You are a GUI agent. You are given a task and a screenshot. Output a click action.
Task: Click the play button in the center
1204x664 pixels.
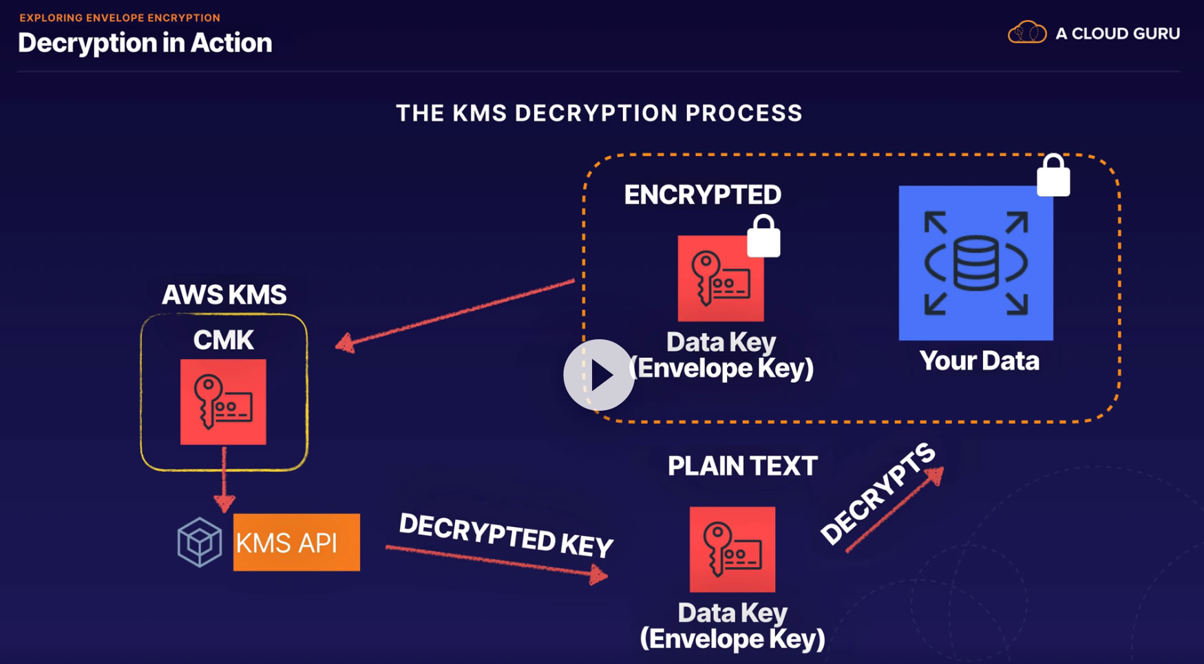pos(599,375)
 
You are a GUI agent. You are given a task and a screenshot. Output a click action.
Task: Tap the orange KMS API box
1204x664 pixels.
pos(297,542)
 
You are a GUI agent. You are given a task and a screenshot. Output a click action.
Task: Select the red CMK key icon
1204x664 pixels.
pos(223,402)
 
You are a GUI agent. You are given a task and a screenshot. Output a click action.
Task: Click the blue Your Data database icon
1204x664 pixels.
pos(976,263)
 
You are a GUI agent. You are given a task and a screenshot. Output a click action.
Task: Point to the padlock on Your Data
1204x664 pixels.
pos(1053,175)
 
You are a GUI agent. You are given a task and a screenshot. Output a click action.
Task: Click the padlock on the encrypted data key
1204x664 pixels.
pos(764,236)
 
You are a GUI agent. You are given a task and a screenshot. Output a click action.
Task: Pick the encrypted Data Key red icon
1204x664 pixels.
pos(721,279)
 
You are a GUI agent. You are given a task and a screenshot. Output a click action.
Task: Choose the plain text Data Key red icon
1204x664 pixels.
pos(732,549)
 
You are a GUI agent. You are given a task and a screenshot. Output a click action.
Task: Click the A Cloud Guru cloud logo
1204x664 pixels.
pos(1027,32)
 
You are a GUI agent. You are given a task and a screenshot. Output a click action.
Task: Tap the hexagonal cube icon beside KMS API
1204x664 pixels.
pos(200,542)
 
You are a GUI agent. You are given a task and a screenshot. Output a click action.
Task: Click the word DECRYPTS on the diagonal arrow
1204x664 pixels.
pos(878,493)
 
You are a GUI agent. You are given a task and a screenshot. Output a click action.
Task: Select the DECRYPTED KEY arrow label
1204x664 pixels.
pos(506,535)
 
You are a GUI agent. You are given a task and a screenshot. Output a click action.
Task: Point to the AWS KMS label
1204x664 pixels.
pos(224,294)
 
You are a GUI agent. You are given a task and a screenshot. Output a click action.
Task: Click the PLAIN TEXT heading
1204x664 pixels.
pos(742,466)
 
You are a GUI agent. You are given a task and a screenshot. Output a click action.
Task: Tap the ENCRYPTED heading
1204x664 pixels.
pos(703,195)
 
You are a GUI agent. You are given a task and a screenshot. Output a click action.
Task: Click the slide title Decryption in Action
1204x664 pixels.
pos(145,43)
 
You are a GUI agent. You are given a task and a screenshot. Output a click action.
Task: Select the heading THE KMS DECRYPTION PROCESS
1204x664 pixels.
pos(600,113)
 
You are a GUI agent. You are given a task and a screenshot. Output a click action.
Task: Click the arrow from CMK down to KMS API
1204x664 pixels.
pos(224,479)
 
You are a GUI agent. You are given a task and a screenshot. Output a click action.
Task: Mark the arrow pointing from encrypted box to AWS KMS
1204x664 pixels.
pos(455,315)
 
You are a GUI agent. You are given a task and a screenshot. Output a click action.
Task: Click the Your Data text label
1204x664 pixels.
pos(980,361)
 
